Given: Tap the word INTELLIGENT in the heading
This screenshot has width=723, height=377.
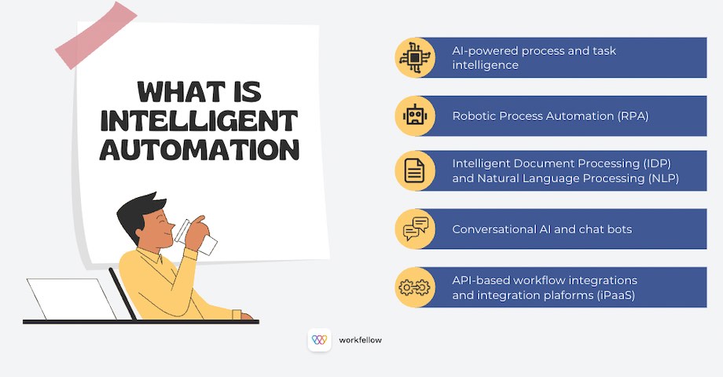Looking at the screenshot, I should [199, 121].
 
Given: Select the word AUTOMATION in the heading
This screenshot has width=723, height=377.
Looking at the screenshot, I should [200, 149].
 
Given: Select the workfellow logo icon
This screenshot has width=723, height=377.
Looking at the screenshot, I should [319, 340].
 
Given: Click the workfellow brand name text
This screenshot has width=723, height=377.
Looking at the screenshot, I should [360, 340].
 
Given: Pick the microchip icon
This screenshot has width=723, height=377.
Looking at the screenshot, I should [414, 57].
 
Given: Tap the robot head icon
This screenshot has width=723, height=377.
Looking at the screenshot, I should [414, 115].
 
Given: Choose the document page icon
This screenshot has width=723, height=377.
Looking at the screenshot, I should [414, 172].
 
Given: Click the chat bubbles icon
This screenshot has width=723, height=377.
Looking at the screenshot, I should [414, 229].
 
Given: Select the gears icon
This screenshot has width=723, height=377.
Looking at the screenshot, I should [414, 287].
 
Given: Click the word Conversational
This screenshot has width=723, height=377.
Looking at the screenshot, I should [493, 229].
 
